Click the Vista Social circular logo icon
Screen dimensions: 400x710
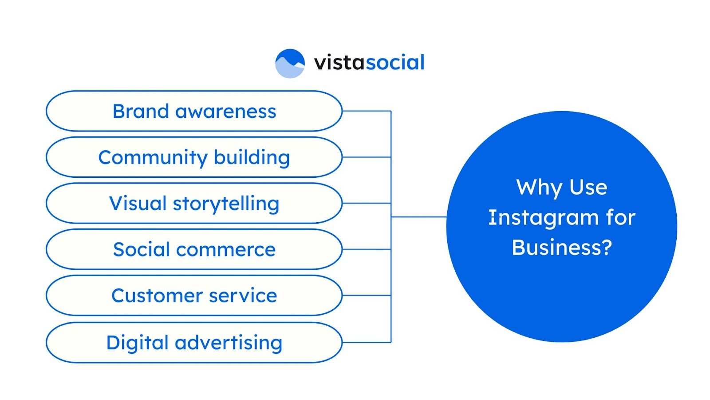(290, 63)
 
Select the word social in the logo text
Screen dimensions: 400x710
(395, 63)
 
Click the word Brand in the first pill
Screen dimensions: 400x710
(140, 111)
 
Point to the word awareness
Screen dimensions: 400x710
(225, 112)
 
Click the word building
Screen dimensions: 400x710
(252, 158)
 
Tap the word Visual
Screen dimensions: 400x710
(138, 204)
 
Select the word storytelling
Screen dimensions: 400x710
(226, 204)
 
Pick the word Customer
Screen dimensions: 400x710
(155, 296)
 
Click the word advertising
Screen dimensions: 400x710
(229, 343)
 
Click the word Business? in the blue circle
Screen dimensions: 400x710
(562, 248)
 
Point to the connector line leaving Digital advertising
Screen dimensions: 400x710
(366, 342)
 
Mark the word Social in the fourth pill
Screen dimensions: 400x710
(141, 250)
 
